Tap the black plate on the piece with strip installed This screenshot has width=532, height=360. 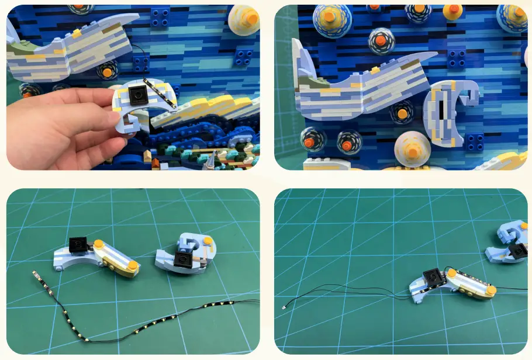tap(432, 277)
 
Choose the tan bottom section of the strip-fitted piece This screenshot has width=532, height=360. tap(468, 291)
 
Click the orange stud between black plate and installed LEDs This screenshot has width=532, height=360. tap(451, 272)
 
